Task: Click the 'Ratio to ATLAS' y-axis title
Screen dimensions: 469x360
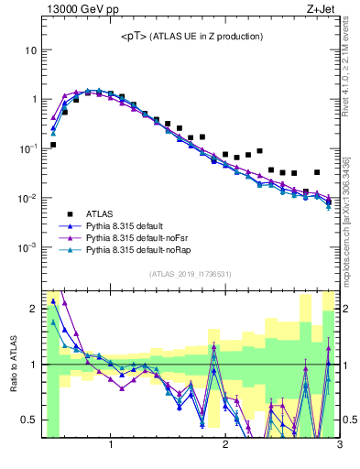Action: (x=13, y=364)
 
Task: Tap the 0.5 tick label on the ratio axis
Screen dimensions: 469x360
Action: (x=27, y=420)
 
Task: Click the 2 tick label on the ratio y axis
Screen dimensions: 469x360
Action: (x=31, y=309)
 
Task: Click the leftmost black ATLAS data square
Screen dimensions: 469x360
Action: (x=53, y=145)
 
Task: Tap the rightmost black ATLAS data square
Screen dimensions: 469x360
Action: (x=317, y=172)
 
